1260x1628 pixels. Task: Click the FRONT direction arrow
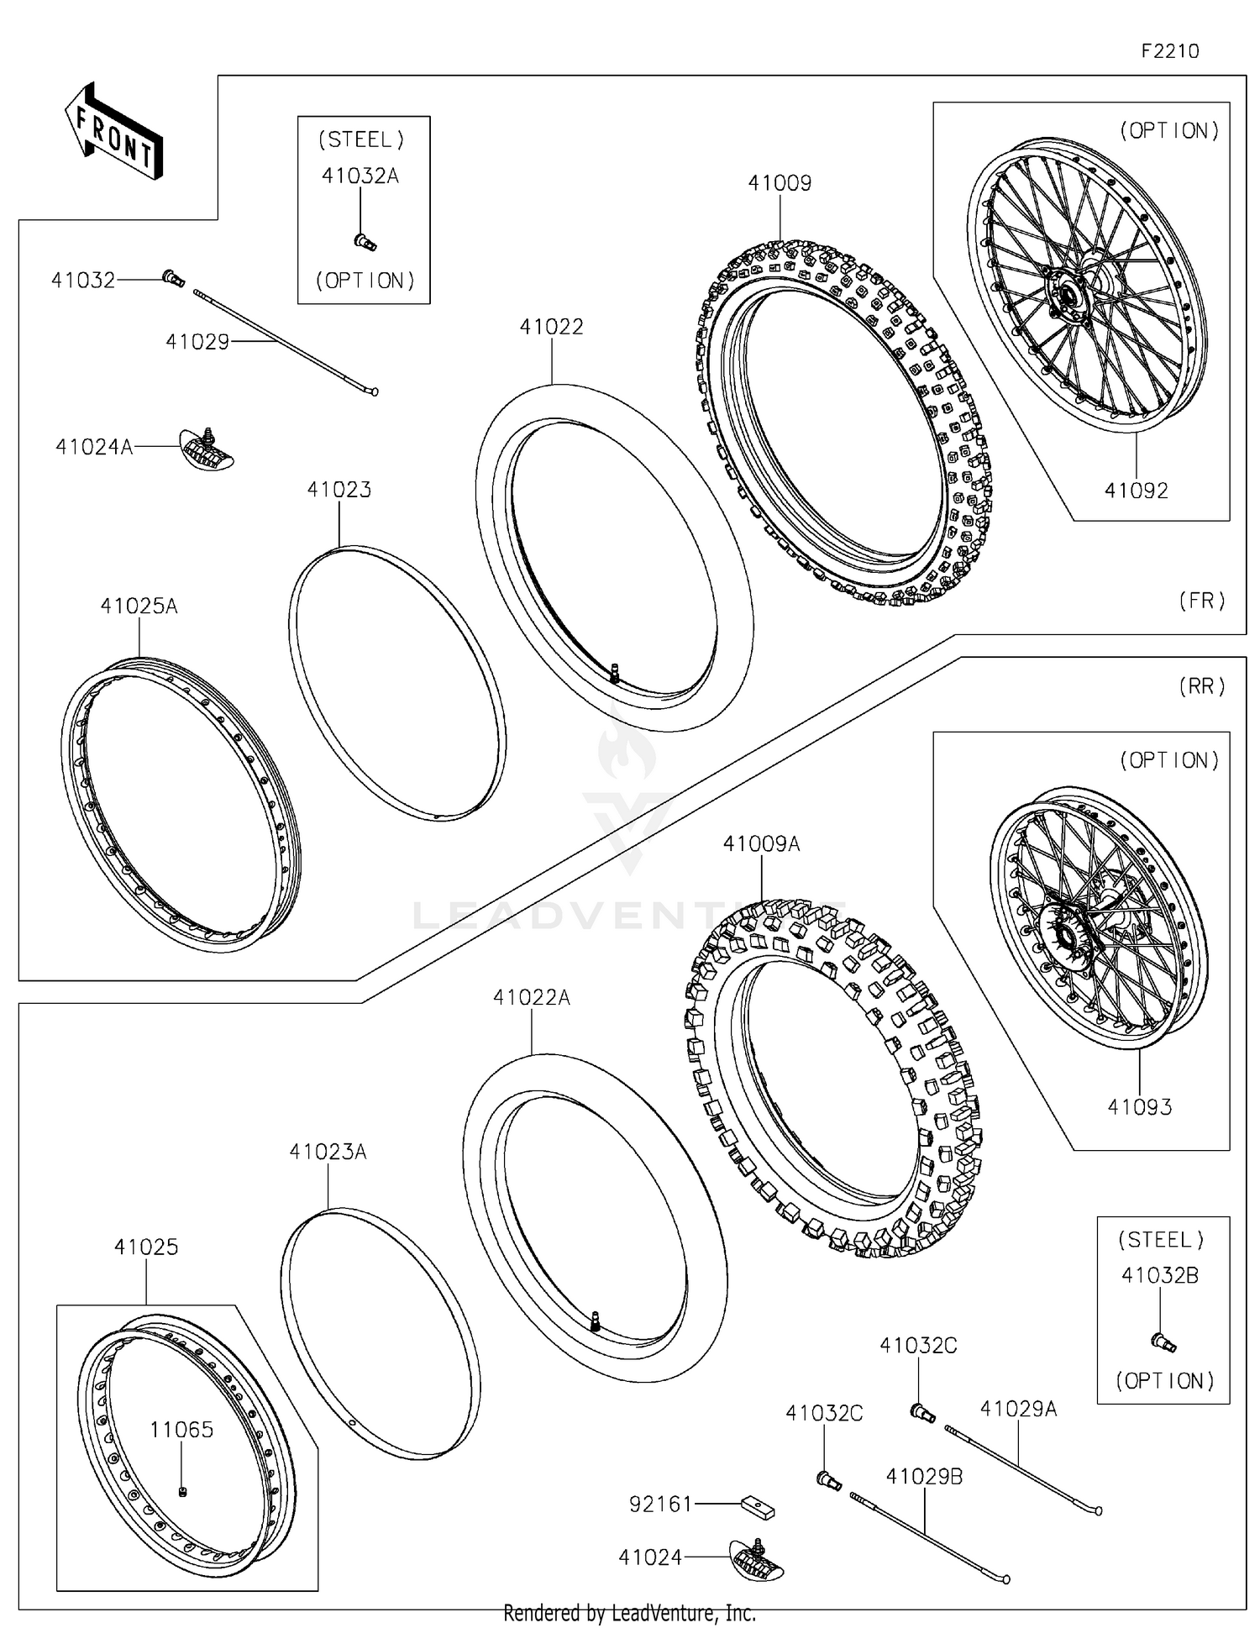point(113,131)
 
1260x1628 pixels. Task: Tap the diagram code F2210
point(1169,51)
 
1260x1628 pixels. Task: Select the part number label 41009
point(780,183)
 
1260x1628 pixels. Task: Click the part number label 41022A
point(531,997)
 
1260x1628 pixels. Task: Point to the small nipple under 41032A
point(365,242)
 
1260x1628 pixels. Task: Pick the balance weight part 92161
point(757,1506)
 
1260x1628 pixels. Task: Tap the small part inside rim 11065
point(182,1491)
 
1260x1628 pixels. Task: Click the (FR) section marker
point(1201,600)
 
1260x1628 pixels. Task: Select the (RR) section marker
point(1201,686)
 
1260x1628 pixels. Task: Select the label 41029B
point(924,1476)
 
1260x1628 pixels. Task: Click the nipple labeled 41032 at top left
point(173,277)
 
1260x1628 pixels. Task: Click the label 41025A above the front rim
point(139,606)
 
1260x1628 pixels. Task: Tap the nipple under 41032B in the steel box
point(1164,1342)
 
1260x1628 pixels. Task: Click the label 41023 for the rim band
point(339,489)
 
